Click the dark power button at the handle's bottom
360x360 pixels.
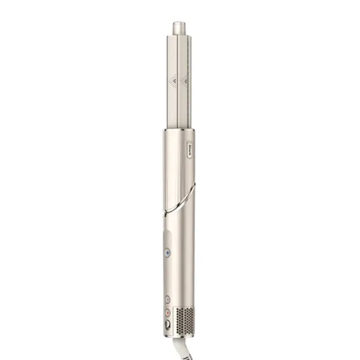pos(167,324)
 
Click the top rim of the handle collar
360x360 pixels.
pos(178,129)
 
